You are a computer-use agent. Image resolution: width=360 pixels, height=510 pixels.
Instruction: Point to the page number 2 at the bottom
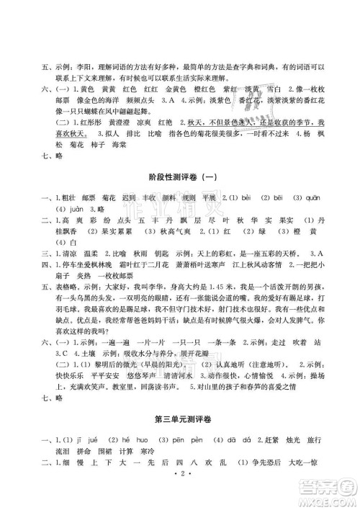coord(180,496)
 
